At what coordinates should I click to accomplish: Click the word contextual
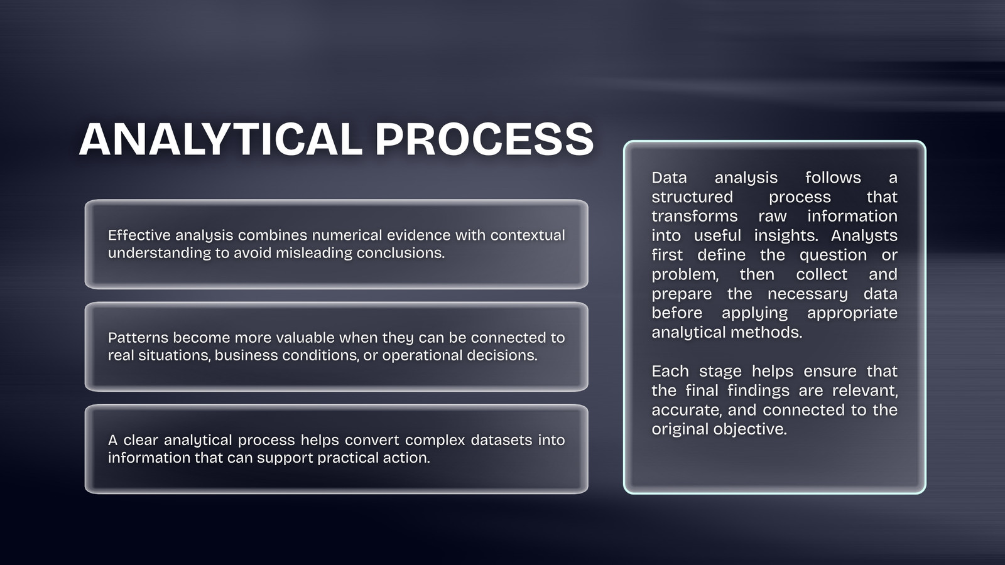tap(528, 235)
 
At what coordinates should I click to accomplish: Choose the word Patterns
tap(138, 337)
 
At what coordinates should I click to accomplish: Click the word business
tap(246, 355)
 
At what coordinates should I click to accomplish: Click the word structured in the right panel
tap(692, 197)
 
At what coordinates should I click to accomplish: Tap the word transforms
tap(695, 216)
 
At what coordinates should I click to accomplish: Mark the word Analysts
tap(864, 235)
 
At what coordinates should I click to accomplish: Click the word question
tap(833, 255)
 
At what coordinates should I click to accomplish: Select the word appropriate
tap(852, 313)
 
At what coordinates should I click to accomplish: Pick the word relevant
tap(865, 390)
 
